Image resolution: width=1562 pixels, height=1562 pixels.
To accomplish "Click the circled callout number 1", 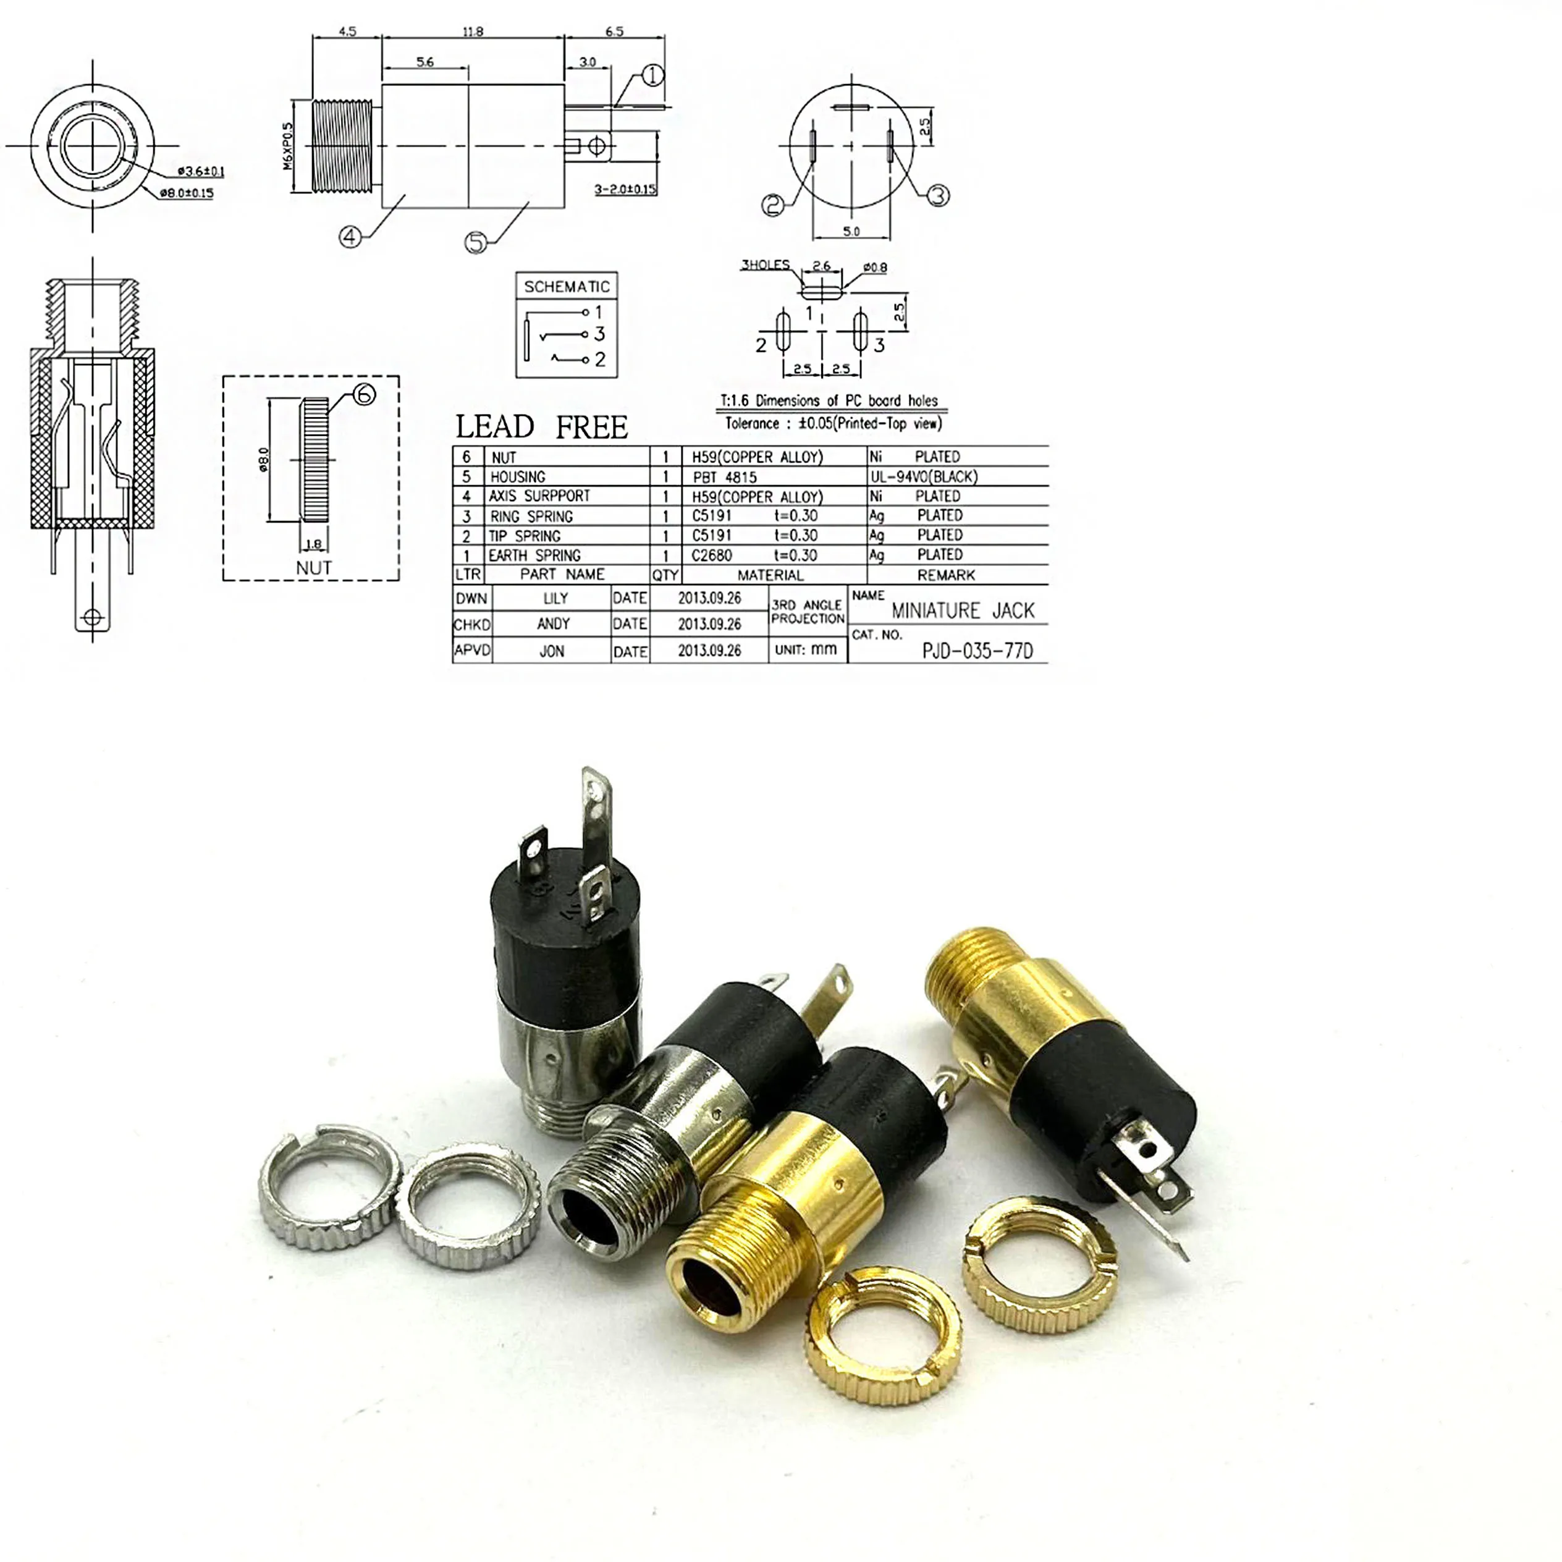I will pos(652,76).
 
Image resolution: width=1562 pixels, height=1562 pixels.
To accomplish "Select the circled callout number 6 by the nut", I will pos(365,395).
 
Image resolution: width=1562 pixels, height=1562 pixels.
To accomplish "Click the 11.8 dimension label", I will pos(473,32).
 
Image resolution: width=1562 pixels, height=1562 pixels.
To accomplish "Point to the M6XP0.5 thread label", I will pos(289,146).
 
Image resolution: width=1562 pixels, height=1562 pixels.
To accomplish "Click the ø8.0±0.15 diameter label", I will pos(187,193).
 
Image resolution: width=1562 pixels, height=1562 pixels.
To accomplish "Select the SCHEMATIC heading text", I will pos(566,287).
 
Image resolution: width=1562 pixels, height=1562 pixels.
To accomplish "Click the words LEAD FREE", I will pos(541,427).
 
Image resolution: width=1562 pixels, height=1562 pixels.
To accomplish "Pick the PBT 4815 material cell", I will pos(724,477).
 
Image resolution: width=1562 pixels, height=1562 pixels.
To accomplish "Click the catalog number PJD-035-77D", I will pos(977,651).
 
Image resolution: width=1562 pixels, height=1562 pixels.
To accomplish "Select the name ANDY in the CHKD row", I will pos(553,624).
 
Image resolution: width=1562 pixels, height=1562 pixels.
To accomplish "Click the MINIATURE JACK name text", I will pos(963,610).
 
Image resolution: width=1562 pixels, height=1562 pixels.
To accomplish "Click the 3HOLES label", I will pos(765,264).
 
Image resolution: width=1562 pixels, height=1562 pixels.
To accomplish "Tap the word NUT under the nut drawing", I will pos(314,568).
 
